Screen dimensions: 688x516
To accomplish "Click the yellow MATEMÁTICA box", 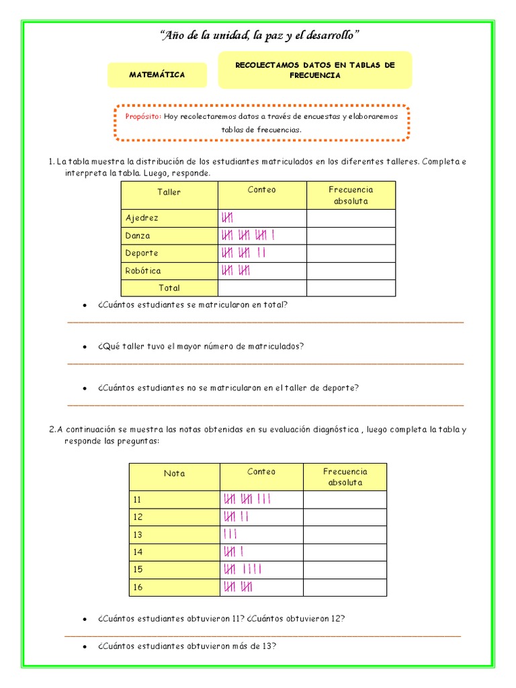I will [157, 75].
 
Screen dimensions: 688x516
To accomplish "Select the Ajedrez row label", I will [142, 218].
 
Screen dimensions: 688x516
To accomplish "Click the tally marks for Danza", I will [247, 236].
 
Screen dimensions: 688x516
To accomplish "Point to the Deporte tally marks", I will [243, 253].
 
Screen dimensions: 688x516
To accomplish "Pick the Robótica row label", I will [143, 271].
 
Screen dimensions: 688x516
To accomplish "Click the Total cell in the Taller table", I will [169, 288].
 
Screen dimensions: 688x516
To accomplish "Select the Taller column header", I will [169, 192].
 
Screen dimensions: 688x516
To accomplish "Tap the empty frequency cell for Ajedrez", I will [351, 218].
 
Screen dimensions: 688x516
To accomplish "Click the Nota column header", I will [174, 474].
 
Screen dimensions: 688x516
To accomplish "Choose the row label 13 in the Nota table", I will [139, 535].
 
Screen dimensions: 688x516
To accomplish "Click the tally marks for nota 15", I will [241, 570].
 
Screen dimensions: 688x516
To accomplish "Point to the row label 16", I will [139, 587].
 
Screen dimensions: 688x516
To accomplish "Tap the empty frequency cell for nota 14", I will [345, 552].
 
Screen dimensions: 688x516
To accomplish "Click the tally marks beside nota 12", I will [236, 517].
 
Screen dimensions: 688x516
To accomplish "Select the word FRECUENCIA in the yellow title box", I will [314, 76].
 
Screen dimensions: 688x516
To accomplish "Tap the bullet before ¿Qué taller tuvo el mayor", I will [85, 347].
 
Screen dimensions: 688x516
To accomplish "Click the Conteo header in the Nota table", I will [261, 472].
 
